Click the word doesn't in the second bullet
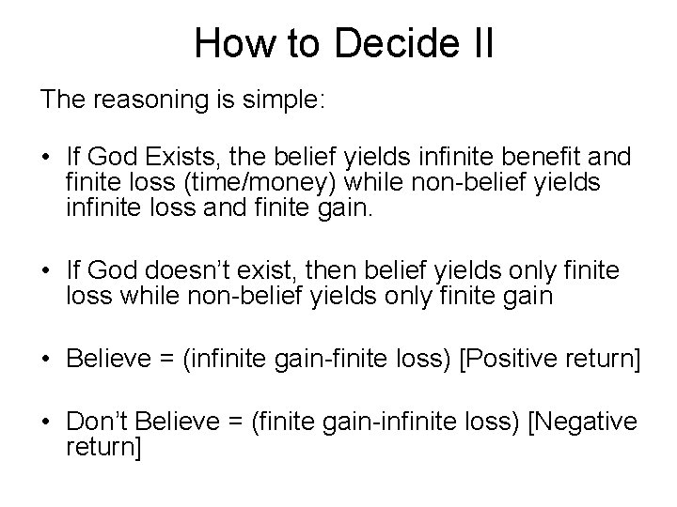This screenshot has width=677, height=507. [x=190, y=271]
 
